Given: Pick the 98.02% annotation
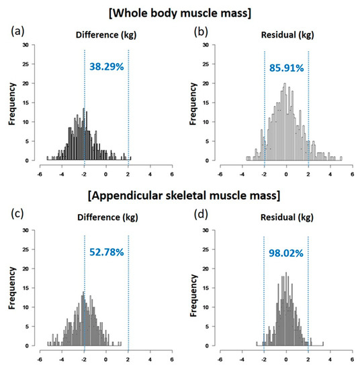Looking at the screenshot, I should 283,253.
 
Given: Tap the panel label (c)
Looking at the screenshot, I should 15,214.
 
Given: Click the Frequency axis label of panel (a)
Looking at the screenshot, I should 11,104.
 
